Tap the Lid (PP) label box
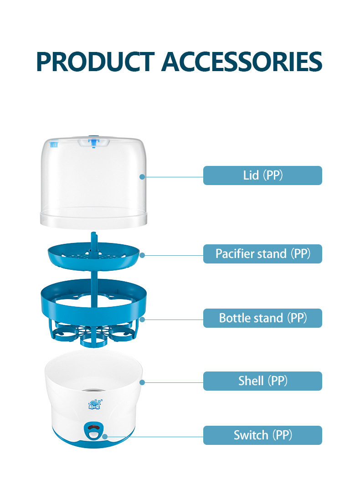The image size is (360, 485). pyautogui.click(x=262, y=175)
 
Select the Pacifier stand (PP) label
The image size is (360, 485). pyautogui.click(x=262, y=254)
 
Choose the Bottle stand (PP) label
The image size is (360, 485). pyautogui.click(x=262, y=318)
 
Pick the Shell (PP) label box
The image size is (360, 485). pyautogui.click(x=262, y=381)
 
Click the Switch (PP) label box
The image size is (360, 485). pyautogui.click(x=262, y=435)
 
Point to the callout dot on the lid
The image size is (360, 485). pyautogui.click(x=142, y=176)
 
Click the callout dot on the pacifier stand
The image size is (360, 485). pyautogui.click(x=142, y=255)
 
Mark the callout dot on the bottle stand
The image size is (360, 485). pyautogui.click(x=142, y=319)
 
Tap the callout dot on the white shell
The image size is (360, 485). pyautogui.click(x=142, y=382)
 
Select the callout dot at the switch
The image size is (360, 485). pyautogui.click(x=105, y=436)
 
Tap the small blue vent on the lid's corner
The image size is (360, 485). pyautogui.click(x=54, y=144)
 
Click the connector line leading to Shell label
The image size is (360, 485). pyautogui.click(x=173, y=382)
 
